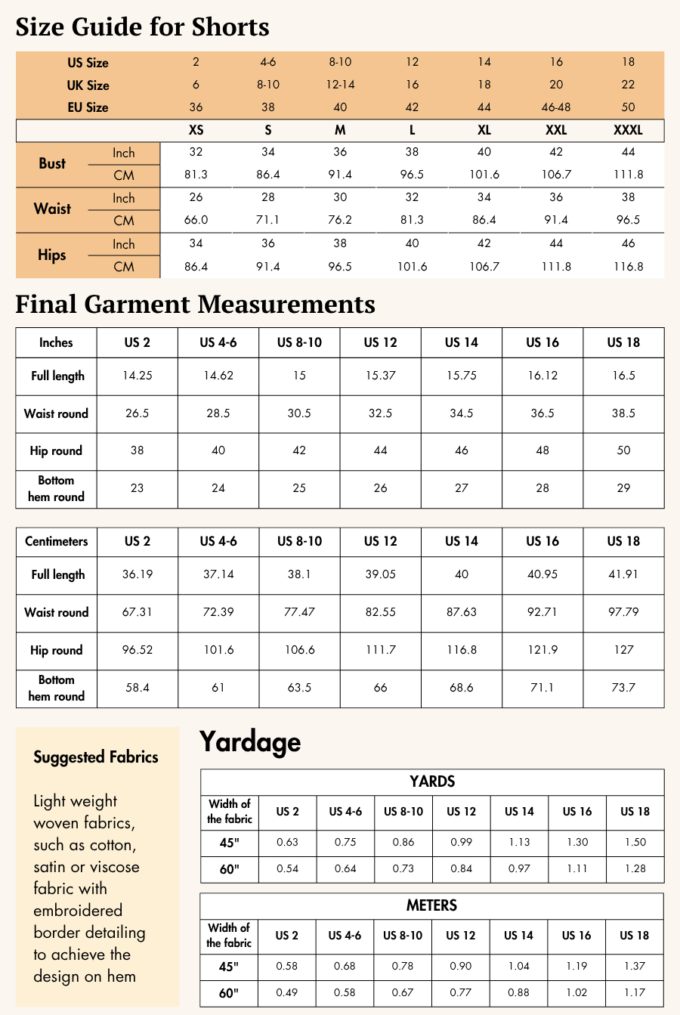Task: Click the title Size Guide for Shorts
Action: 142,27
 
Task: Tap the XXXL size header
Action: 628,130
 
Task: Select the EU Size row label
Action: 88,107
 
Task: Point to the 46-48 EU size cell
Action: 556,107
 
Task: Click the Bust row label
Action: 52,163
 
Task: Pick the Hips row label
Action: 52,255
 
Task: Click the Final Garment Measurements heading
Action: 195,304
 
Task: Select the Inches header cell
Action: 56,342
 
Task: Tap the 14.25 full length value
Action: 137,376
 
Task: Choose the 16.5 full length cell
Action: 623,376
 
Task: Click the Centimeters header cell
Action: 56,541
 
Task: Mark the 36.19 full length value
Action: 137,574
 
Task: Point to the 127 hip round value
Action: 623,650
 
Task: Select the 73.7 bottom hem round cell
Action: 623,688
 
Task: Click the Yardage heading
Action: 250,742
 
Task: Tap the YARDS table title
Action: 432,781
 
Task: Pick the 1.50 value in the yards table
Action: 635,842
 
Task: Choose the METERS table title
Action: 432,905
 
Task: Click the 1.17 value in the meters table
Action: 635,992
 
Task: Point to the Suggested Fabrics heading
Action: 96,757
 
